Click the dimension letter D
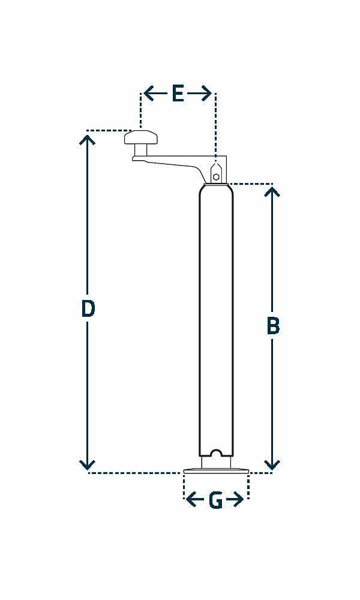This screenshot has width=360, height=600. point(88,308)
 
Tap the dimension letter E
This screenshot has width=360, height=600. point(178,94)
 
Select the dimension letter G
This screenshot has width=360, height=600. point(215,500)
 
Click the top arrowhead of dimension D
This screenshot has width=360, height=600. point(88,139)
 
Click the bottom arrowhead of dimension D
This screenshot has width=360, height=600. point(88,465)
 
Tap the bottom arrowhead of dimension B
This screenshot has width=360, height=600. point(272,465)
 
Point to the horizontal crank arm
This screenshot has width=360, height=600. point(174,162)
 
